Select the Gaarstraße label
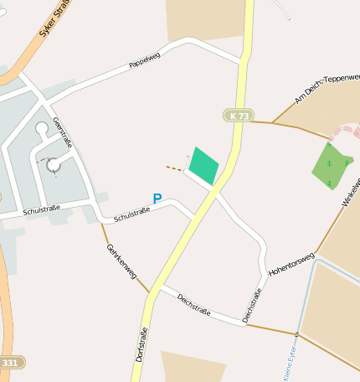62,132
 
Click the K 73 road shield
238,116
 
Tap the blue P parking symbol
157,199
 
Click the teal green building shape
203,166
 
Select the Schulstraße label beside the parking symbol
131,215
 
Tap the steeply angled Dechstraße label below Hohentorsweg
252,304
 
